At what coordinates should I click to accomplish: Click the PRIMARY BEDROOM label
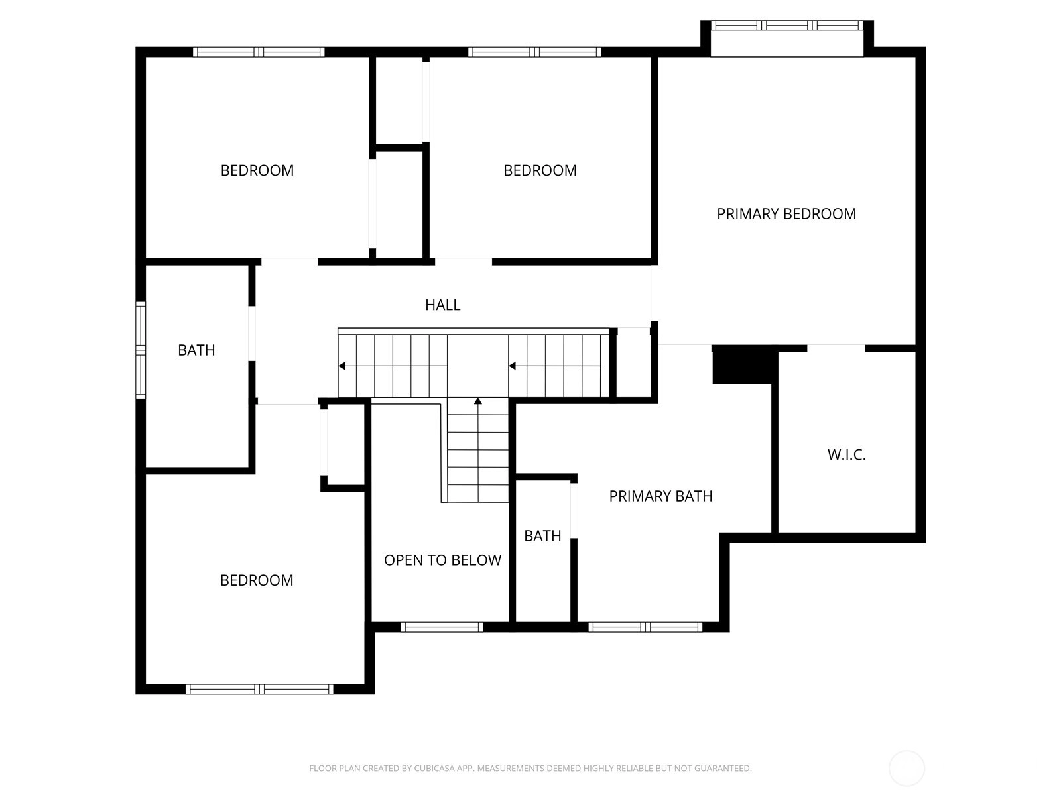tap(786, 213)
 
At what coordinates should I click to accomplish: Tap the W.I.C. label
tap(846, 454)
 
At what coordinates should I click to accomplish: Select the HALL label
tap(442, 305)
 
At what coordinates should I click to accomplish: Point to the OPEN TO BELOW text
tap(442, 560)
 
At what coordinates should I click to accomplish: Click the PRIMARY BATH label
tap(660, 496)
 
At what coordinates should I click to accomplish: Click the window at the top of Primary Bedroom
tap(786, 25)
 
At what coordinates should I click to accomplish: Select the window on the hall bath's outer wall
tap(141, 350)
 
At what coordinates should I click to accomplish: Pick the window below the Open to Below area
tap(442, 627)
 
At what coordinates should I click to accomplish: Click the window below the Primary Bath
tap(645, 627)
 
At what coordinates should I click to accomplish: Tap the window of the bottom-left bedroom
tap(259, 689)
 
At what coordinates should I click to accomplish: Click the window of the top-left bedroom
tap(259, 52)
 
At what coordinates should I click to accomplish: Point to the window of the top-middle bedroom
tap(534, 52)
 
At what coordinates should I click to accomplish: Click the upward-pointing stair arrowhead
tap(478, 401)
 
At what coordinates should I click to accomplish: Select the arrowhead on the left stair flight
tap(342, 366)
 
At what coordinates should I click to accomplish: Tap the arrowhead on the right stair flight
tap(512, 366)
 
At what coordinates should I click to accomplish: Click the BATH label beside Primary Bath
tap(542, 535)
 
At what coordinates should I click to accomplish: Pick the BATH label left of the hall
tap(196, 350)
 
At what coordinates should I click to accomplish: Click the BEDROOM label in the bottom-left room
tap(257, 580)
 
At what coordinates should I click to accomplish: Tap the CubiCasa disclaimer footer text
tap(530, 768)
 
